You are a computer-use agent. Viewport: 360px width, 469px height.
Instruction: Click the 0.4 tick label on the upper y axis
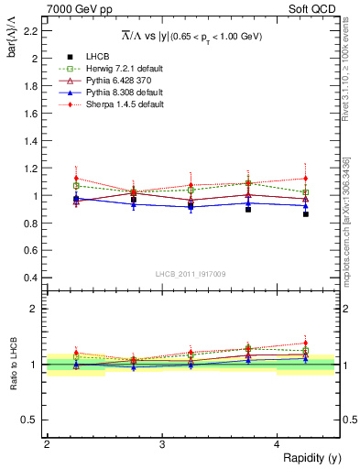click(x=31, y=278)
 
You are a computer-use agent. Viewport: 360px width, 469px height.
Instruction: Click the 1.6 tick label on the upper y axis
click(x=31, y=114)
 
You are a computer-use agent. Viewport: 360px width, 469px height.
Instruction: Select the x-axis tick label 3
click(x=162, y=445)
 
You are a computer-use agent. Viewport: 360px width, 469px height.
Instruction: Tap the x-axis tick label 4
click(x=277, y=445)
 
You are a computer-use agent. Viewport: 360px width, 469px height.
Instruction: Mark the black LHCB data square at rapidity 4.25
click(x=305, y=213)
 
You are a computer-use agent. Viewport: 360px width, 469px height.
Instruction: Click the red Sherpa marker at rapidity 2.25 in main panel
click(x=76, y=179)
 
